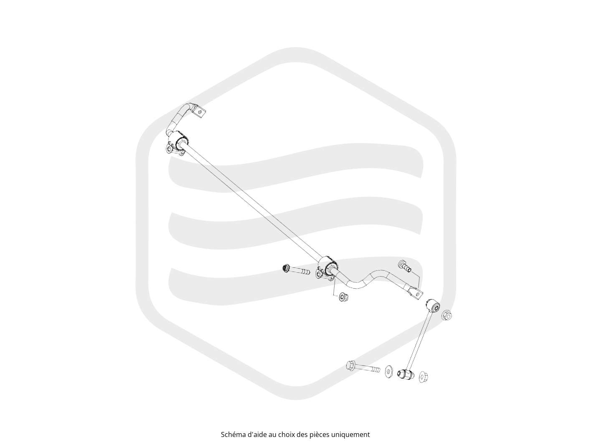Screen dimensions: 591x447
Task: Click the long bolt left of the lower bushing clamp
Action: point(295,269)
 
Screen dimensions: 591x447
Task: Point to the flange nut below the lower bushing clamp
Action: point(343,297)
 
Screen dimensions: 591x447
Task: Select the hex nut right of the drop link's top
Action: point(446,315)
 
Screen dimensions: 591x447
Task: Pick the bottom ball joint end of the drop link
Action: point(405,374)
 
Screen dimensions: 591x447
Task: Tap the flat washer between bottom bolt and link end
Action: point(388,372)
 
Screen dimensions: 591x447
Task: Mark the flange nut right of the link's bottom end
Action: point(424,377)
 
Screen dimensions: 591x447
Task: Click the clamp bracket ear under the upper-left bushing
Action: point(170,149)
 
